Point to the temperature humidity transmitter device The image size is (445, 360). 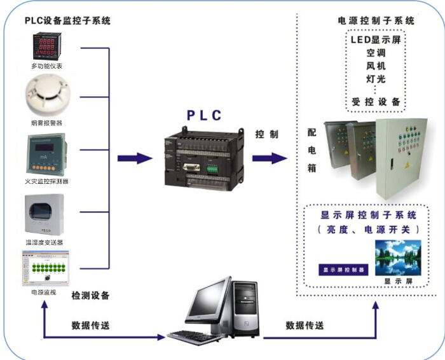tap(46, 214)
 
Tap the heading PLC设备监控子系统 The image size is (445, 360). tap(67, 20)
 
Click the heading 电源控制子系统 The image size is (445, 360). tap(376, 20)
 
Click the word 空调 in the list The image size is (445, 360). tap(376, 53)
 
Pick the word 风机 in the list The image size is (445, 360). tap(376, 66)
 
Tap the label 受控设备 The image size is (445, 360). tap(376, 102)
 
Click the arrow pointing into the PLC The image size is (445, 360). tap(135, 158)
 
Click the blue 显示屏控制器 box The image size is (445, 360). tap(343, 270)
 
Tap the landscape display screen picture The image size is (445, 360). tap(398, 257)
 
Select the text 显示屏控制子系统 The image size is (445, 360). tap(369, 214)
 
